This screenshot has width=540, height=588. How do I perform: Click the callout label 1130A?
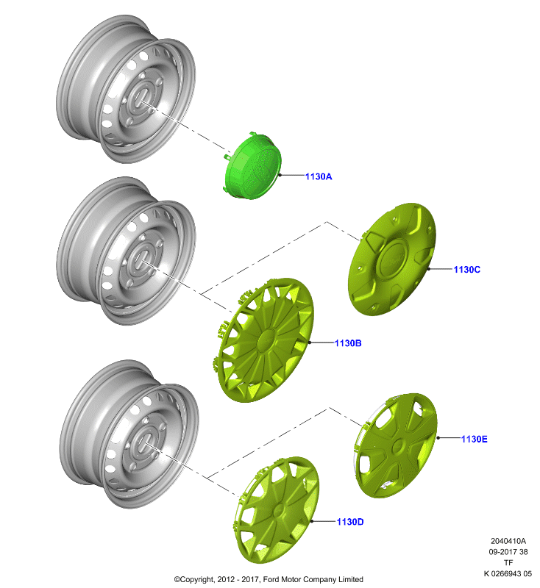click(x=319, y=176)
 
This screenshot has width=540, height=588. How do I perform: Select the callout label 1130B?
click(x=348, y=343)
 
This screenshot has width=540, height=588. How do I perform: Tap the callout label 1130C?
click(x=467, y=270)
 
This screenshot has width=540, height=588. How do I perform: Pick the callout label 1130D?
click(x=350, y=522)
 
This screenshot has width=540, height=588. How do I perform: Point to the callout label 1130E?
click(x=475, y=439)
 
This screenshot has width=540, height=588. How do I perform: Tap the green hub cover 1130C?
click(x=392, y=259)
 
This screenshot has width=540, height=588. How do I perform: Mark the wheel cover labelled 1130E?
click(x=396, y=445)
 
